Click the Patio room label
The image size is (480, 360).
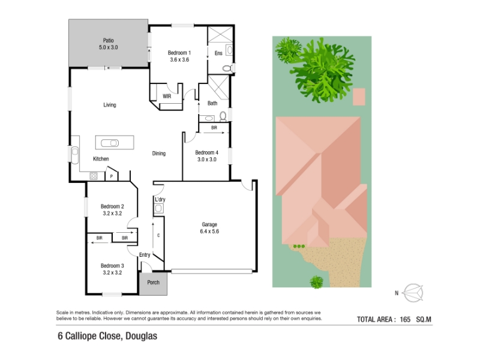[x=109, y=40]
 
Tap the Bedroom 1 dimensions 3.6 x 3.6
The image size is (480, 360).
[x=179, y=59]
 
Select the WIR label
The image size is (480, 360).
[x=167, y=97]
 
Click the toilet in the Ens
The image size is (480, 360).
[x=227, y=68]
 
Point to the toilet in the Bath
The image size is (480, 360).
[x=223, y=116]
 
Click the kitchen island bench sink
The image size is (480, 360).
[x=110, y=143]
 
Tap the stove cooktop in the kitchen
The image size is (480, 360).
[x=94, y=176]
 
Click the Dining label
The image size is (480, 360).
[x=159, y=154]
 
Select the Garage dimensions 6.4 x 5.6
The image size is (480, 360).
[x=209, y=232]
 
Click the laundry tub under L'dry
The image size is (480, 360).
[x=158, y=208]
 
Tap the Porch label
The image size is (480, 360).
[x=154, y=283]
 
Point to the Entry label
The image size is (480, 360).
[x=145, y=255]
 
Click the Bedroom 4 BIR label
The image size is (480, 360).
[x=214, y=128]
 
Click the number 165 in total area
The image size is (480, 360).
[x=405, y=320]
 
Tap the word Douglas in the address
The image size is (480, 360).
[x=142, y=336]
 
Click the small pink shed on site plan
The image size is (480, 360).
[x=359, y=97]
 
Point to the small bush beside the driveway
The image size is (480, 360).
[x=317, y=281]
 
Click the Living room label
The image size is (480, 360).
[x=110, y=105]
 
